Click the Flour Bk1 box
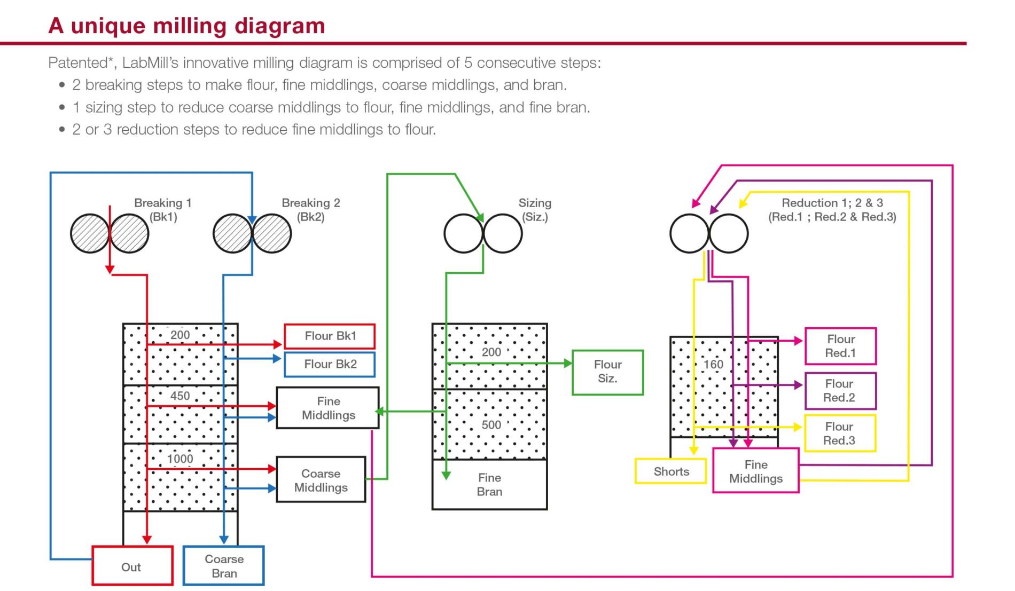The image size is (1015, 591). tap(330, 336)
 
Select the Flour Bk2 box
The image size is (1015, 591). tap(330, 365)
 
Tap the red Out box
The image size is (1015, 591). tap(132, 566)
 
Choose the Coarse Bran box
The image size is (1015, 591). tap(224, 566)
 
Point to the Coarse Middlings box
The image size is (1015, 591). tap(321, 479)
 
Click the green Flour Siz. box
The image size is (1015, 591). tap(608, 373)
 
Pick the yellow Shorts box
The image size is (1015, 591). tap(671, 471)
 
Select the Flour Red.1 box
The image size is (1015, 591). tap(840, 346)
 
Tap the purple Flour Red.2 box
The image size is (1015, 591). tap(840, 391)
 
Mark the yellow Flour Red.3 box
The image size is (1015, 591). tap(840, 434)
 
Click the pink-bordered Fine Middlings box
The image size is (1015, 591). tap(756, 470)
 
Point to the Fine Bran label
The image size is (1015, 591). tap(489, 485)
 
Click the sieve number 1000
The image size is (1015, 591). tap(180, 459)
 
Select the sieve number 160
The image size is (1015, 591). tap(713, 365)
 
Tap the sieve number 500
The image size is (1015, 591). tap(491, 425)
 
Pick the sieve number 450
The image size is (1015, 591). tap(180, 396)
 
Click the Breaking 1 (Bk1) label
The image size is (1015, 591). tap(163, 210)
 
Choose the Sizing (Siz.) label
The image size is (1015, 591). tap(535, 210)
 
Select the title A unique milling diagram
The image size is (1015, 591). tap(186, 26)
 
